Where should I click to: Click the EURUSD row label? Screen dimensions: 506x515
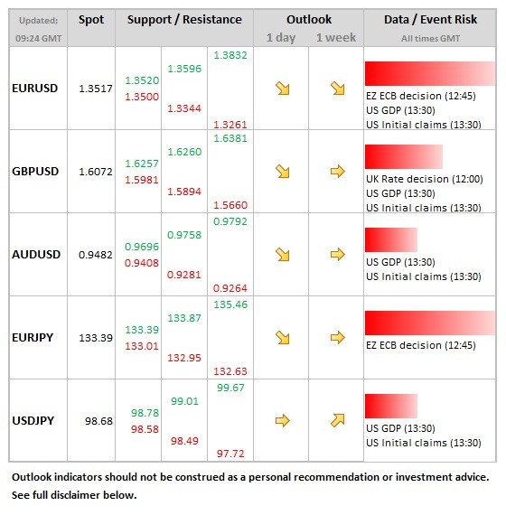(35, 89)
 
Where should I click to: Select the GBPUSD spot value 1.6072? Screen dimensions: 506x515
(96, 172)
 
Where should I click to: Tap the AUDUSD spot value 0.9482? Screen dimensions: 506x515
(96, 255)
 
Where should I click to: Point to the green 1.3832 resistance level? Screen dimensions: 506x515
(230, 55)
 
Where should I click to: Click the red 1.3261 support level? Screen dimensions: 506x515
(230, 125)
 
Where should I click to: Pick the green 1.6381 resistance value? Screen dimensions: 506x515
(230, 138)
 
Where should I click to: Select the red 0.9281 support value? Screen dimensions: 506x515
(184, 275)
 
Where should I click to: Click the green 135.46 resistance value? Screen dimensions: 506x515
(230, 304)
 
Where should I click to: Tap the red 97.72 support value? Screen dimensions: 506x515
(230, 454)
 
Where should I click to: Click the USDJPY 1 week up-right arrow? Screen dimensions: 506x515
(338, 420)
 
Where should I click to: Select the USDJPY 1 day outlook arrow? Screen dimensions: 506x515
(283, 420)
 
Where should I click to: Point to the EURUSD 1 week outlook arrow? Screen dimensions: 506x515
(338, 89)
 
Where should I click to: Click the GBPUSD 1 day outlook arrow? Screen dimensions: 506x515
(283, 172)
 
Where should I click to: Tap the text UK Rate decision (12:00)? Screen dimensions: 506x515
(425, 179)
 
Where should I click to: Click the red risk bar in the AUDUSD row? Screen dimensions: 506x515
(391, 239)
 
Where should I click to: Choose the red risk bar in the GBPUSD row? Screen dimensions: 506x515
(404, 156)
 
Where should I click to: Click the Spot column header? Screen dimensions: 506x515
(91, 20)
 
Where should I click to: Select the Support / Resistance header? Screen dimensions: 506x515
(184, 20)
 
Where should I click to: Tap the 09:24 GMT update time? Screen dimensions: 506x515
(39, 39)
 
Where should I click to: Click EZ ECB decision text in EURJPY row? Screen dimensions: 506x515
(421, 345)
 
